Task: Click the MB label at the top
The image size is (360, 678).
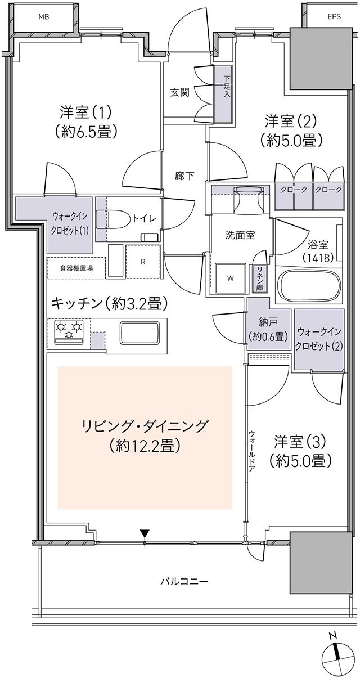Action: point(44,17)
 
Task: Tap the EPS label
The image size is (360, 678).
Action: point(334,17)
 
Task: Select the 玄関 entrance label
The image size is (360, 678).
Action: point(180,93)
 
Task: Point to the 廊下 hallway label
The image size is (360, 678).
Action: point(184,176)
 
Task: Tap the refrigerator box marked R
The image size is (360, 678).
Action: point(143,261)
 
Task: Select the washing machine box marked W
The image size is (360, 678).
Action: point(231,277)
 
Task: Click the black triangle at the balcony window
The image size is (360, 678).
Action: point(145,533)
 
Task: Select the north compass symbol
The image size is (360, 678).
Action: point(337,656)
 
